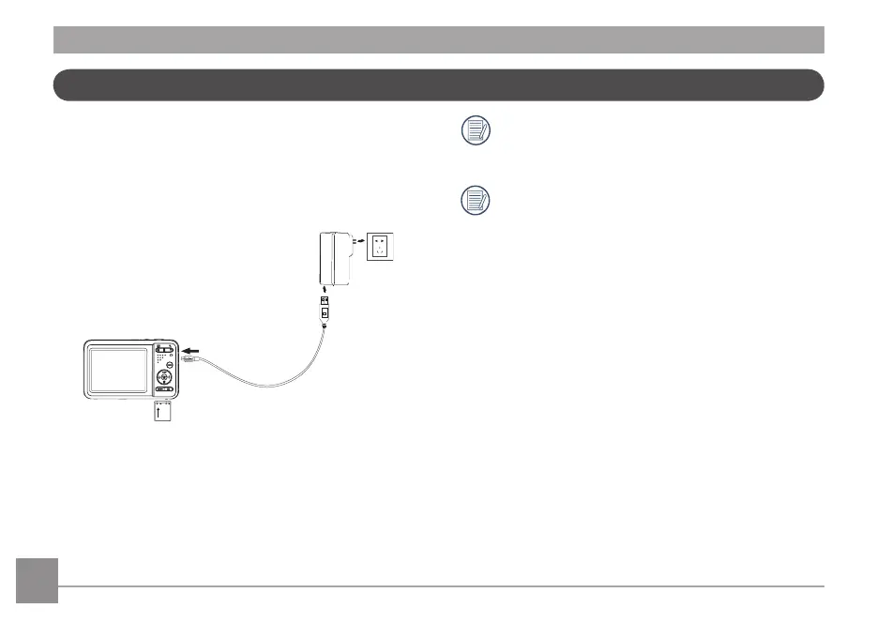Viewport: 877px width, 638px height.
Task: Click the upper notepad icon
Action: pyautogui.click(x=476, y=131)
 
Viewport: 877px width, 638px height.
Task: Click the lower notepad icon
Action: pyautogui.click(x=476, y=200)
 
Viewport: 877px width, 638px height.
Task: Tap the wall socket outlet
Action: pyautogui.click(x=381, y=247)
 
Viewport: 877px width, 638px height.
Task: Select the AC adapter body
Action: pyautogui.click(x=334, y=258)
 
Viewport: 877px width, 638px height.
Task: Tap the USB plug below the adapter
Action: pyautogui.click(x=325, y=306)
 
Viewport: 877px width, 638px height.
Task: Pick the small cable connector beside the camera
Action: pyautogui.click(x=188, y=357)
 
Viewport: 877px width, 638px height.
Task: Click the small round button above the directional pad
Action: pyautogui.click(x=169, y=364)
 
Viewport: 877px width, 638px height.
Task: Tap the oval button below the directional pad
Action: pyautogui.click(x=164, y=389)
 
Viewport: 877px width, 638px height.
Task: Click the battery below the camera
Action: pyautogui.click(x=166, y=414)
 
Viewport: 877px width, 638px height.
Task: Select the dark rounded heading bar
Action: pyautogui.click(x=438, y=84)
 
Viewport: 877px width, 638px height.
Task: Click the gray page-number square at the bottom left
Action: pyautogui.click(x=37, y=581)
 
